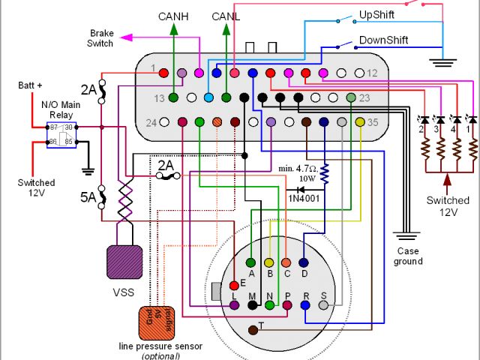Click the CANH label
pyautogui.click(x=173, y=16)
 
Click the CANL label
pyautogui.click(x=226, y=16)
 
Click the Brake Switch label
pyautogui.click(x=101, y=38)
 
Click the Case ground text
pyautogui.click(x=408, y=256)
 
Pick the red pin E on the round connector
pyautogui.click(x=234, y=284)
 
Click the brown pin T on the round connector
pyautogui.click(x=253, y=331)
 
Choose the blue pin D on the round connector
pyautogui.click(x=304, y=262)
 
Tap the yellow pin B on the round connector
pyautogui.click(x=268, y=262)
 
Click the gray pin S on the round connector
pyautogui.click(x=323, y=305)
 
